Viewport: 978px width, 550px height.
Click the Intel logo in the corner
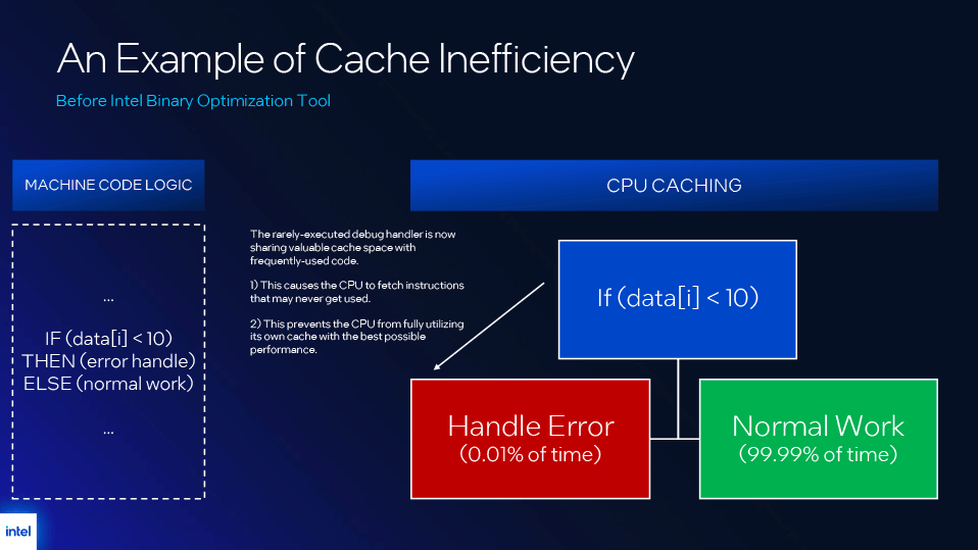tap(18, 531)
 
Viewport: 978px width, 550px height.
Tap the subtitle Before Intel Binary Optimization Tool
tap(193, 101)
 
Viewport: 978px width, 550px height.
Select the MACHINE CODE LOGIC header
tap(108, 185)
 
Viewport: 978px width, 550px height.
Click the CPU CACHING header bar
tap(674, 185)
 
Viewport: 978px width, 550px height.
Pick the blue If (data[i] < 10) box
tap(677, 297)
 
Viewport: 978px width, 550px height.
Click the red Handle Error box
tap(530, 437)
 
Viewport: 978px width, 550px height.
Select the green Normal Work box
tap(817, 437)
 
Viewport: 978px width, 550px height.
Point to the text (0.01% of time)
tap(530, 455)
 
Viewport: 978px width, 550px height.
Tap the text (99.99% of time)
tap(817, 455)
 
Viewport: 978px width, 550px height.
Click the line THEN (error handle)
tap(108, 360)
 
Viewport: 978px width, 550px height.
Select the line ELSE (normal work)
tap(108, 382)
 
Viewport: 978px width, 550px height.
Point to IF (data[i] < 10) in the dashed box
tap(108, 338)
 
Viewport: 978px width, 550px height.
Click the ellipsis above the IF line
tap(108, 298)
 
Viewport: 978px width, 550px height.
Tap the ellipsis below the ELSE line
tap(108, 431)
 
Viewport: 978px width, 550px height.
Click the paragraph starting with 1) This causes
tap(356, 291)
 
